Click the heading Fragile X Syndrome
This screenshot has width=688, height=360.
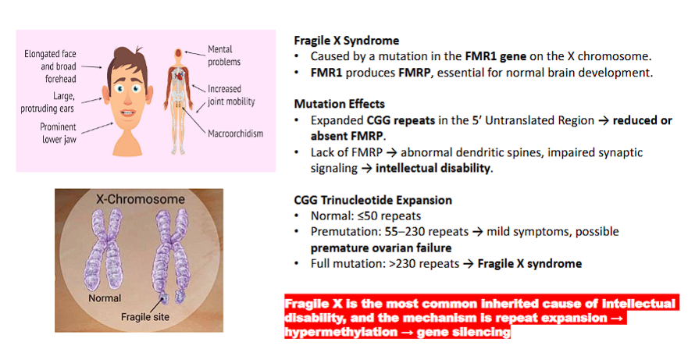click(x=346, y=40)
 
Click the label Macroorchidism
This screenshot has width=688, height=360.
click(x=235, y=134)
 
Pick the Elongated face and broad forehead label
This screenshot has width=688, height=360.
click(x=49, y=62)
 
